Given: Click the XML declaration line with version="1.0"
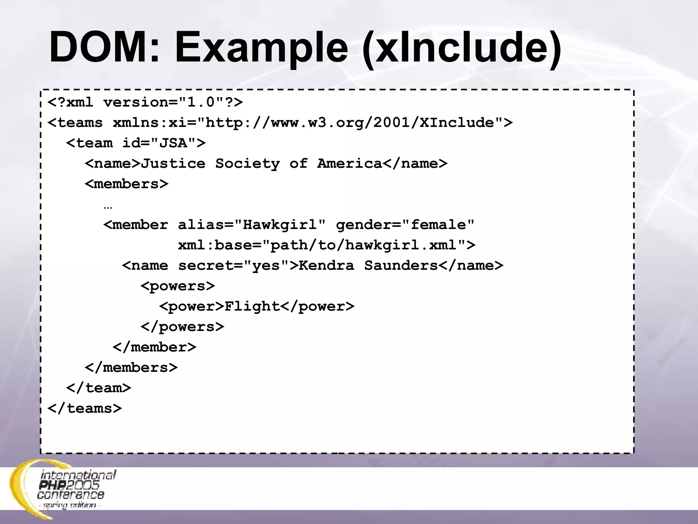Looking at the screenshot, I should [x=145, y=102].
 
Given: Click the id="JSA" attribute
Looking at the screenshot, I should [x=164, y=143].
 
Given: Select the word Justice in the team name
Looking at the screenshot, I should [x=173, y=163].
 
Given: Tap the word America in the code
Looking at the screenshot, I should [x=349, y=163].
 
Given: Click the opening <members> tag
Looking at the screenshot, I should [x=126, y=184].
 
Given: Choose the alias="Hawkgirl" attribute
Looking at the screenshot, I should [x=252, y=225].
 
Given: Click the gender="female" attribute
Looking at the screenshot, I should [x=405, y=225].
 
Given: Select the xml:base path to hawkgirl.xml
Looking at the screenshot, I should [x=327, y=245].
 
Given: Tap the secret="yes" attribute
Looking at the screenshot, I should [x=234, y=265].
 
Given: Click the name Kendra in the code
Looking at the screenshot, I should [x=327, y=265].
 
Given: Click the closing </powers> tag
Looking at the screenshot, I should [x=182, y=327].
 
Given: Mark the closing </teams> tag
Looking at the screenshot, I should [x=85, y=408].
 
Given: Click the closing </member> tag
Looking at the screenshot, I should [x=154, y=347].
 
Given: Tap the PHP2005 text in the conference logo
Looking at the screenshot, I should [x=69, y=485].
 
